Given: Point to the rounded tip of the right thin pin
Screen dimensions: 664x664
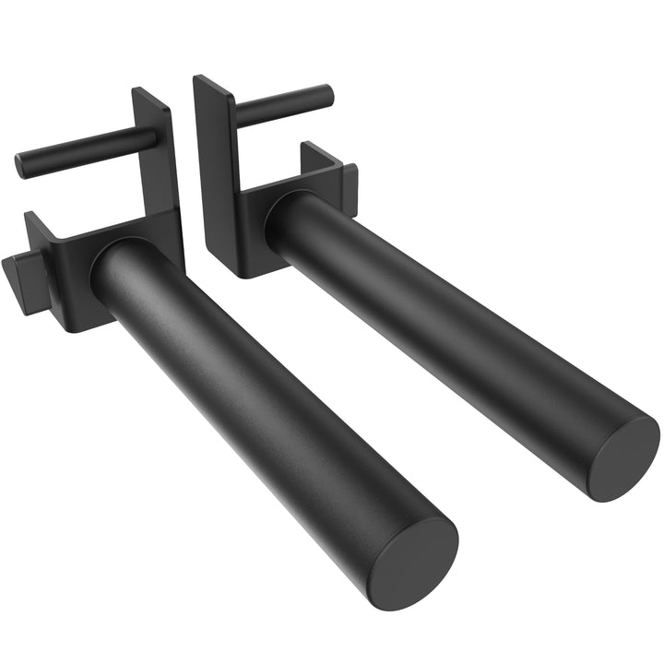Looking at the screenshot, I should (x=326, y=93).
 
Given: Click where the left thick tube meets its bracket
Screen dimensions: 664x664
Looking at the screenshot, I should (x=115, y=267).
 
